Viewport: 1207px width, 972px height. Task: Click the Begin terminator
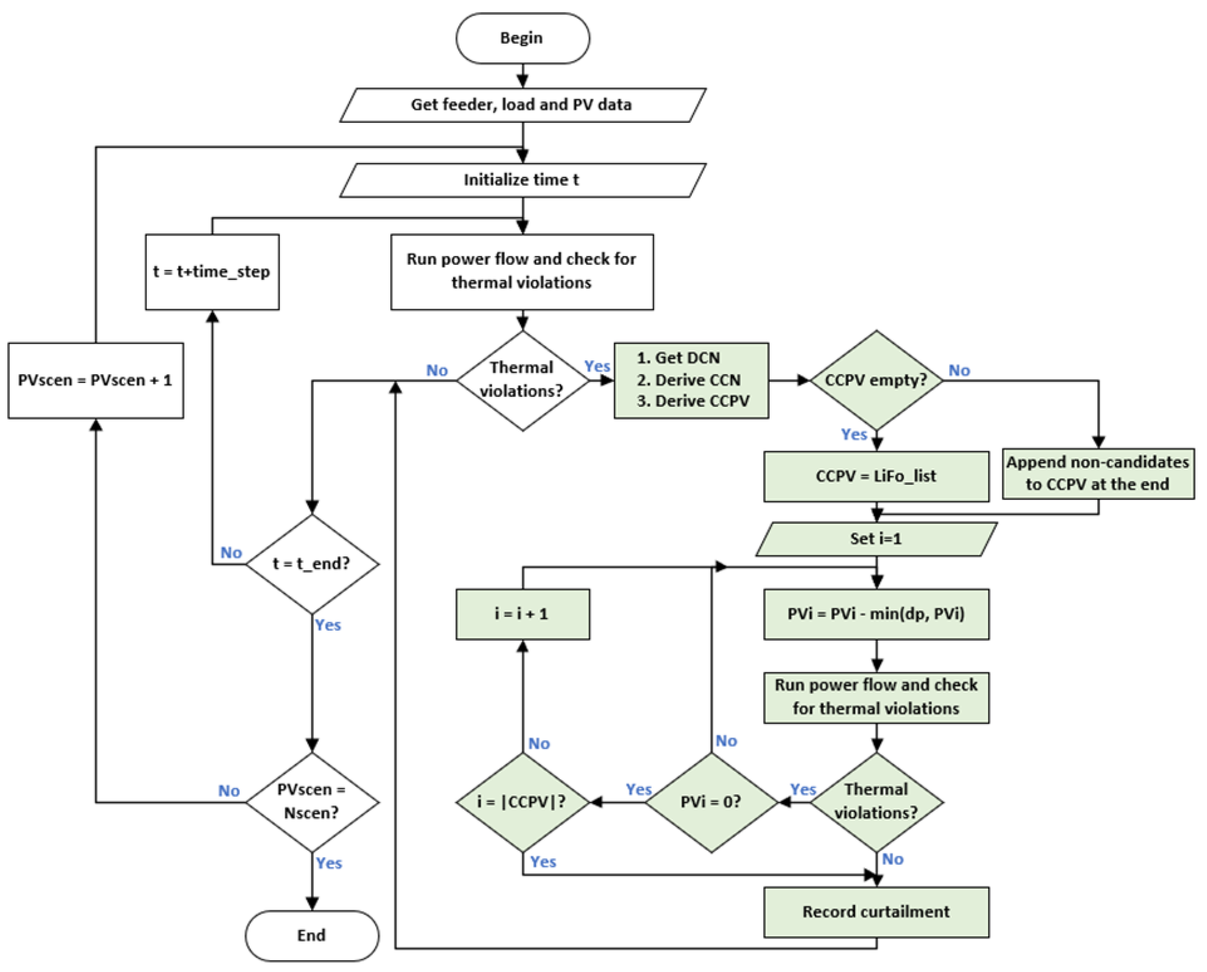tap(522, 38)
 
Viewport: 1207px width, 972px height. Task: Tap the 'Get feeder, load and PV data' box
tap(522, 105)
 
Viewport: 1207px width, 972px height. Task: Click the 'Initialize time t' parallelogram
tap(522, 180)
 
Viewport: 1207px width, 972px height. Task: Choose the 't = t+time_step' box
tap(212, 272)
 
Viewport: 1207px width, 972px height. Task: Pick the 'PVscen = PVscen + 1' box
tap(96, 380)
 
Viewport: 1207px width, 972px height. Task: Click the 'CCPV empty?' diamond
tap(876, 380)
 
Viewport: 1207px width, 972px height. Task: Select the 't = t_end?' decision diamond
tap(312, 564)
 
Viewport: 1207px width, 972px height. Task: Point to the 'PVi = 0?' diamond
tap(711, 802)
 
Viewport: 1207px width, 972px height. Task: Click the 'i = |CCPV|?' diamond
tap(522, 802)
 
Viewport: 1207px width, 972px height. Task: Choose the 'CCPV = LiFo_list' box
tap(876, 476)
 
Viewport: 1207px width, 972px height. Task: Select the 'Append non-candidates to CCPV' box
tap(1098, 473)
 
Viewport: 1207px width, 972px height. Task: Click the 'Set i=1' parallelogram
tap(876, 539)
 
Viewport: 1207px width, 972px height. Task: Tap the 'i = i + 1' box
tap(522, 614)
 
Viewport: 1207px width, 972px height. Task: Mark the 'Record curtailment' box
tap(876, 911)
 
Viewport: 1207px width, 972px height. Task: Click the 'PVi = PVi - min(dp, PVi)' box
tap(876, 614)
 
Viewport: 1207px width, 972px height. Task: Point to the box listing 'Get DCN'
tap(691, 380)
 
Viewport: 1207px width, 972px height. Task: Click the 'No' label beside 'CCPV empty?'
tap(959, 370)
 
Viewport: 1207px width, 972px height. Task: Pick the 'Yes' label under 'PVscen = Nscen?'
tap(329, 863)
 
